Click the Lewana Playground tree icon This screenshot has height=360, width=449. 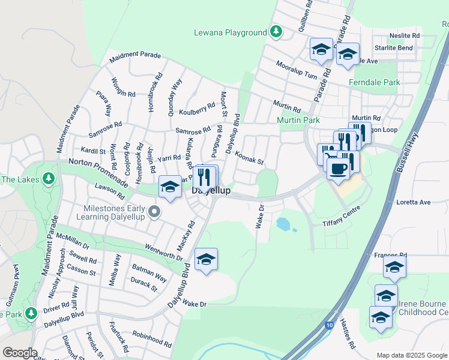(x=276, y=32)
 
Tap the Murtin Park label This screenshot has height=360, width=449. (x=298, y=121)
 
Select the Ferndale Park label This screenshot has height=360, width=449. (x=375, y=82)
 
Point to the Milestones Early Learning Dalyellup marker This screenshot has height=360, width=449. (x=155, y=211)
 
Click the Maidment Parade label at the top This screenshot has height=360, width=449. (x=135, y=55)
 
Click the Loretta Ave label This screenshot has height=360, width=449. (x=414, y=202)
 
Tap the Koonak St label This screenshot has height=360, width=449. (x=249, y=158)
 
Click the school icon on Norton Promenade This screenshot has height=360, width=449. (x=170, y=187)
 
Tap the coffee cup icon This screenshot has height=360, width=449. (x=338, y=169)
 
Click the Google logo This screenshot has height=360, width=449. (x=20, y=353)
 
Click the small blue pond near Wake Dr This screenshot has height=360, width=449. (x=283, y=224)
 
